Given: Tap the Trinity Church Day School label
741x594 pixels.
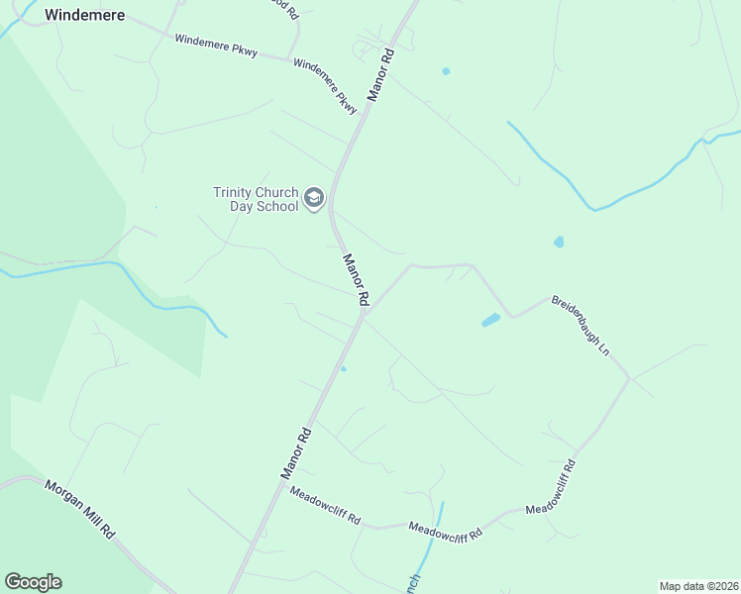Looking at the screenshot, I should [x=255, y=199].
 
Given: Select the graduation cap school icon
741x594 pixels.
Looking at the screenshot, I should [x=314, y=199].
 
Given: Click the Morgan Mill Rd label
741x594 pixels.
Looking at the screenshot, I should [x=80, y=509].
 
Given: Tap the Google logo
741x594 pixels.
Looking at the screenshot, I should [x=33, y=582].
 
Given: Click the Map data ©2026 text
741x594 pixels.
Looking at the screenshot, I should [x=698, y=586].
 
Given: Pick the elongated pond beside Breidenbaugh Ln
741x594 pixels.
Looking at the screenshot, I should [x=490, y=320].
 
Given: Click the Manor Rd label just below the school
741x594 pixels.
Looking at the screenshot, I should [x=356, y=279].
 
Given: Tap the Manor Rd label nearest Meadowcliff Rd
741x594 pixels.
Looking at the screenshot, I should [x=296, y=453].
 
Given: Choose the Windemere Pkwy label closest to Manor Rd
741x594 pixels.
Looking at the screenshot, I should [x=326, y=85].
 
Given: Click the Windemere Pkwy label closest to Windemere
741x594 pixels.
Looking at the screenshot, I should [x=216, y=46].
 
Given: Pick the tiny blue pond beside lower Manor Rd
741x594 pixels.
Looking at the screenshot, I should [x=344, y=369].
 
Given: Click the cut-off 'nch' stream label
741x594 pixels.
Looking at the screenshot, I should [x=414, y=582].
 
